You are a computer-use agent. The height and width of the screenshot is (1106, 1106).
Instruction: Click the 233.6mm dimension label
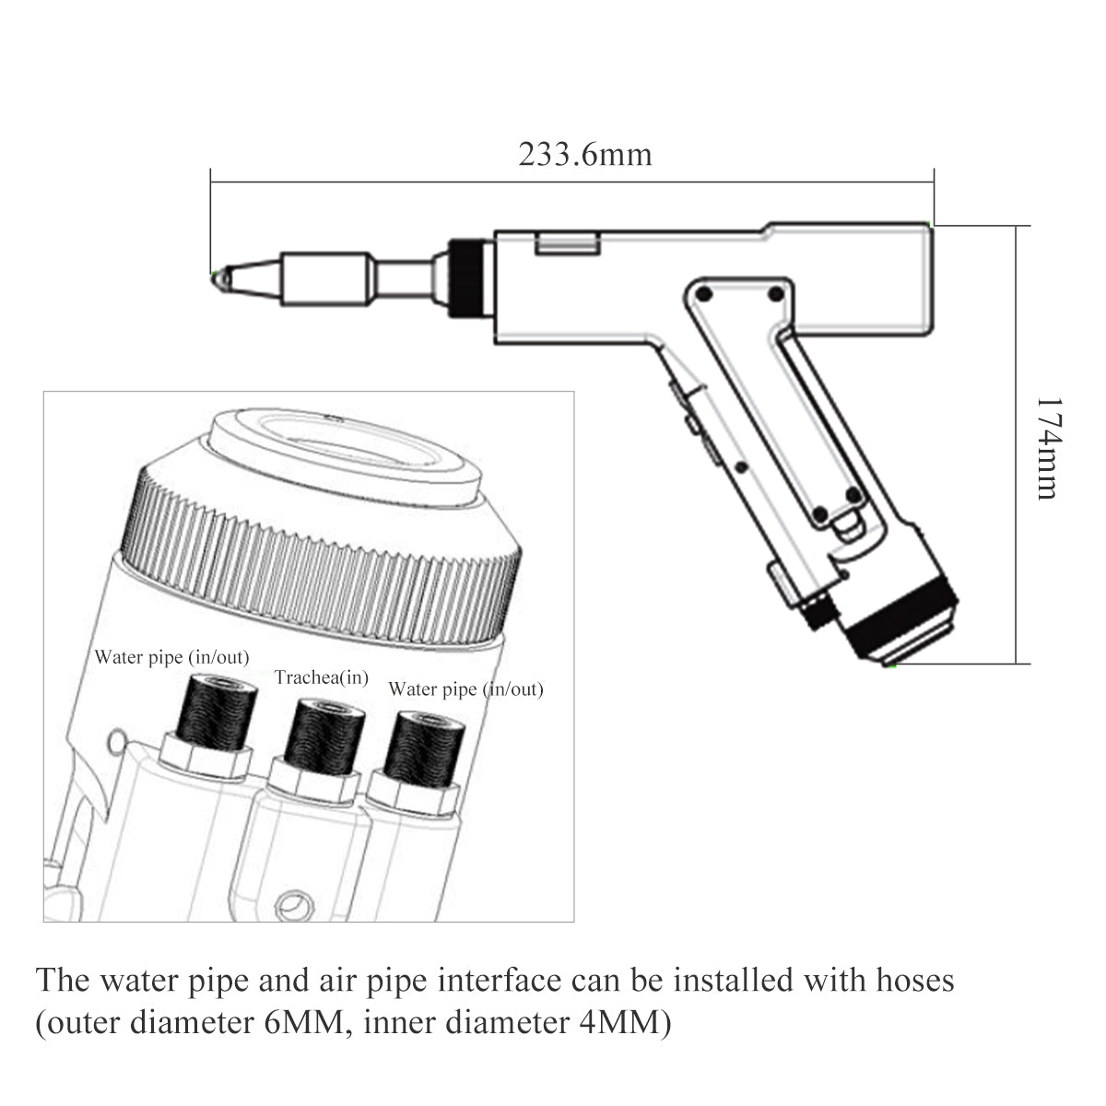point(584,154)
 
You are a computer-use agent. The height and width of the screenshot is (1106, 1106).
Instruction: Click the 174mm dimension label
point(1048,449)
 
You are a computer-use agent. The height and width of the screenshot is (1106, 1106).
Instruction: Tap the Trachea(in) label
point(322,677)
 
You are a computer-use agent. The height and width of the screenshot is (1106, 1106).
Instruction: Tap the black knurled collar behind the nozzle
point(469,277)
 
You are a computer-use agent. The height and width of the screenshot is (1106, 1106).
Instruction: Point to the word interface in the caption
point(499,980)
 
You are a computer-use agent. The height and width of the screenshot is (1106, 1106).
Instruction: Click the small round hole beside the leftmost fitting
point(116,739)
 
